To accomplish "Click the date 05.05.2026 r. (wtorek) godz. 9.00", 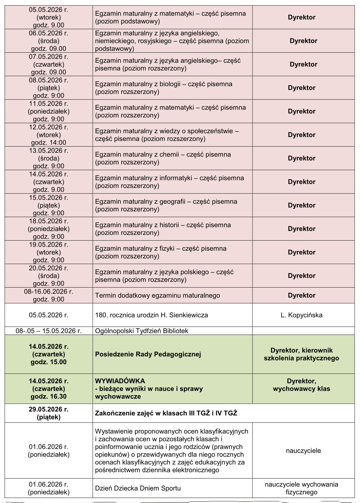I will click(x=48, y=17).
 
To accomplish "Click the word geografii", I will click(x=172, y=201).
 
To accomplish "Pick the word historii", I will click(x=169, y=225).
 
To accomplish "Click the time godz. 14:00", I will click(x=48, y=143).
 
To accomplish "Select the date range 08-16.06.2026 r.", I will click(x=48, y=292).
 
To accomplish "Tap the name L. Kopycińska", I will click(x=301, y=315).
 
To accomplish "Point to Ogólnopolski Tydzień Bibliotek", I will click(x=141, y=331).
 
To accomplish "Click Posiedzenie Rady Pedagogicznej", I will click(x=148, y=354).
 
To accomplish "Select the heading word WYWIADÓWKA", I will click(x=120, y=381).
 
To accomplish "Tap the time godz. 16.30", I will click(x=48, y=396).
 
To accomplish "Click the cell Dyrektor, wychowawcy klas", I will click(x=301, y=385).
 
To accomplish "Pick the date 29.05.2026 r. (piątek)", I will click(x=48, y=413).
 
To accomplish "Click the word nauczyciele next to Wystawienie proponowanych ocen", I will click(x=303, y=451).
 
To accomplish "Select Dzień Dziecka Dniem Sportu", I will click(x=138, y=488).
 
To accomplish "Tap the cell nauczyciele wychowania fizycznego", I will click(x=301, y=488).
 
